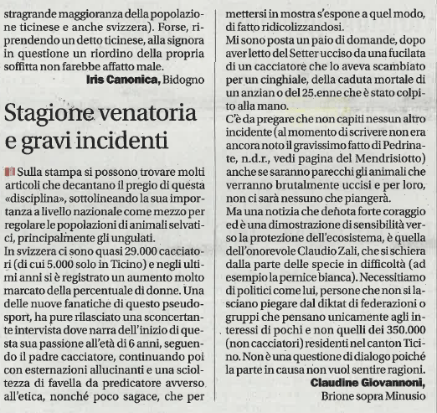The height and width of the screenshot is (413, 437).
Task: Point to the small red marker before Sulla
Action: click(8, 171)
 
